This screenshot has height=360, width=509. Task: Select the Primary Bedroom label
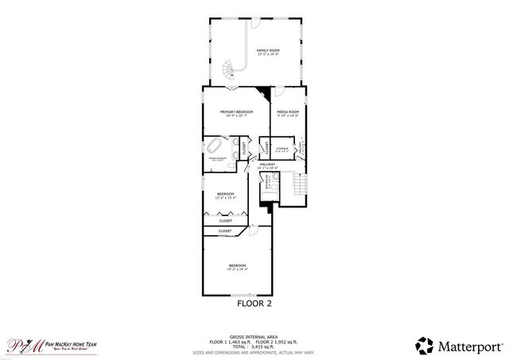coord(236,114)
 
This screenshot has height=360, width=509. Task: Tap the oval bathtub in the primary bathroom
coord(215,147)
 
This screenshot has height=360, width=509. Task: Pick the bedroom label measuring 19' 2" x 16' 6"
coord(238,267)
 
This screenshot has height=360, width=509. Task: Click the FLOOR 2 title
coord(254,303)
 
